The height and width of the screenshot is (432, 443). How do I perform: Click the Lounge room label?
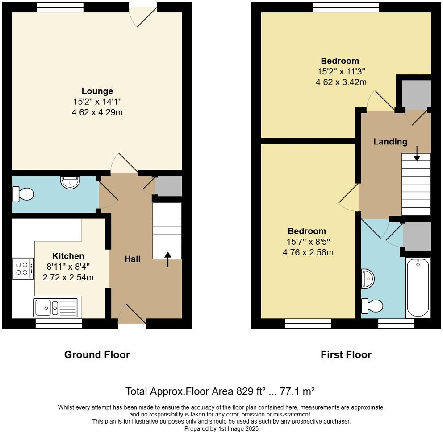(97, 91)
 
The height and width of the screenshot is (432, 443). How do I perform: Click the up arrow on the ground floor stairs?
(168, 259)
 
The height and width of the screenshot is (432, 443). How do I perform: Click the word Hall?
(132, 259)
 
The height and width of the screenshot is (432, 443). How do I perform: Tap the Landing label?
(390, 142)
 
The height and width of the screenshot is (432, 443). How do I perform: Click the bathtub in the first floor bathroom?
(418, 288)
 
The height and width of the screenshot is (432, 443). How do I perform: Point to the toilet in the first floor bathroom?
(372, 306)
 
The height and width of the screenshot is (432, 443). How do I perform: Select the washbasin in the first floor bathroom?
(367, 279)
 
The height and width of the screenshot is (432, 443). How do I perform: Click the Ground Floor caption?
(97, 354)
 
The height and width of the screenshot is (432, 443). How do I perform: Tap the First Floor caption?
(346, 354)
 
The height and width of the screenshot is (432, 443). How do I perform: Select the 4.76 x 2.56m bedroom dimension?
(308, 252)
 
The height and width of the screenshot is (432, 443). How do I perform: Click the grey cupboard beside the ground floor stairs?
(168, 186)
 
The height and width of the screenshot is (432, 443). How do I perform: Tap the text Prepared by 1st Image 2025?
(221, 428)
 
